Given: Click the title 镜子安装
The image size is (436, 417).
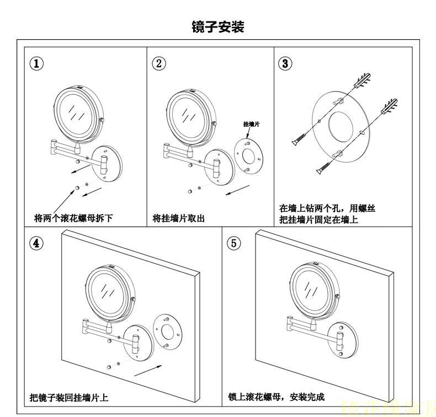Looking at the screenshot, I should click(217, 26).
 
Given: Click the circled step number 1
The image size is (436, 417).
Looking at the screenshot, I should click(36, 63).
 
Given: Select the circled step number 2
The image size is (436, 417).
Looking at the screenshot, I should click(158, 63).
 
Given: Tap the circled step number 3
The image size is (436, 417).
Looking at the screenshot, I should click(285, 63).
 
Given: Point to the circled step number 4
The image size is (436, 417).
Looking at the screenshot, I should click(36, 243).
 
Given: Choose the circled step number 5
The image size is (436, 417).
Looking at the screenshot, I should click(235, 243).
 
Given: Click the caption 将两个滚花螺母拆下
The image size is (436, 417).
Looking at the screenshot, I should click(73, 218).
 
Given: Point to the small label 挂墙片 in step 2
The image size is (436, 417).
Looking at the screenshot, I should click(251, 125).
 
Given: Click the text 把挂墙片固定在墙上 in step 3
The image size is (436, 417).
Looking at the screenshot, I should click(318, 220).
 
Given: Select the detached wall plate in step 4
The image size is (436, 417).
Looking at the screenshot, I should click(169, 331).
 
